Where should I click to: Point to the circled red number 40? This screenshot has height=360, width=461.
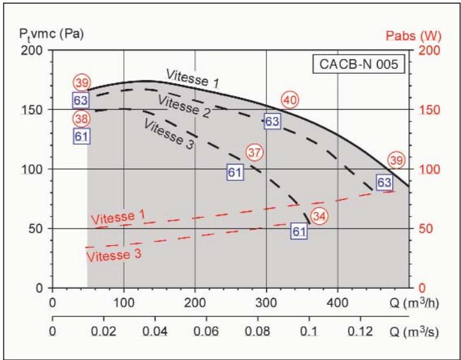pos(290,100)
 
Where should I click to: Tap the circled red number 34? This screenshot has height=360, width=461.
pos(320,217)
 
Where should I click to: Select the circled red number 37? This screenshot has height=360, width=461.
pos(255,152)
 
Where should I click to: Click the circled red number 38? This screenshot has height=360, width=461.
pos(81,117)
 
